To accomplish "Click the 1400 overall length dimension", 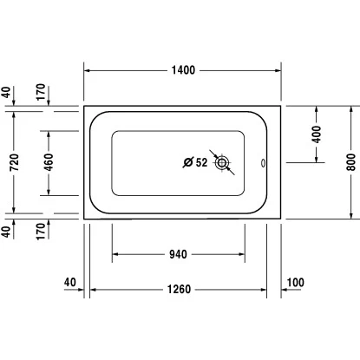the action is (x=183, y=70).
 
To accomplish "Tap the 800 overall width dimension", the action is (x=351, y=162).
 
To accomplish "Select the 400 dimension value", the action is (x=317, y=134).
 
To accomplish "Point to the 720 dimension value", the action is (x=14, y=162).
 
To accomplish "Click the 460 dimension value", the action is (x=49, y=162).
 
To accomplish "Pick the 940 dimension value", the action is (x=178, y=254).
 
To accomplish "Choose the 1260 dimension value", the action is (x=179, y=289).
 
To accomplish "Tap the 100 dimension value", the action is (x=295, y=282).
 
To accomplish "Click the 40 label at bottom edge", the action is (x=70, y=282).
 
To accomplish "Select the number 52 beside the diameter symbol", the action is (x=201, y=162).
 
